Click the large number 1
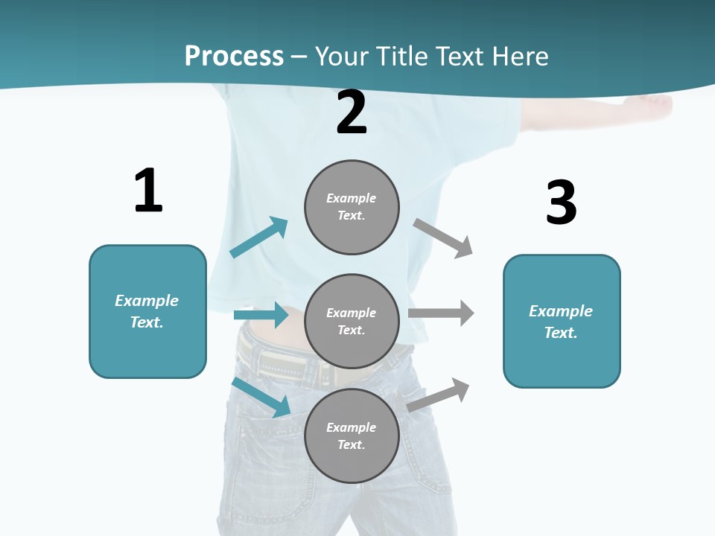coord(148,191)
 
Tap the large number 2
coord(352,113)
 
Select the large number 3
coord(561,202)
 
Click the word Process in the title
coord(234,56)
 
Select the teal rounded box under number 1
coord(147,311)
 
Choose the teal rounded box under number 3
coord(562,322)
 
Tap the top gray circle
coord(352,207)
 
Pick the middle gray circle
coord(352,322)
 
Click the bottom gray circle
coord(352,436)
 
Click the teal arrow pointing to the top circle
coord(259,237)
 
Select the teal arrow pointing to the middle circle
coord(261,315)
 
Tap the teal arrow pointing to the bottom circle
coord(261,397)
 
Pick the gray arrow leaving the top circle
coord(443,238)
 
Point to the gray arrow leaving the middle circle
coord(441,313)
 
